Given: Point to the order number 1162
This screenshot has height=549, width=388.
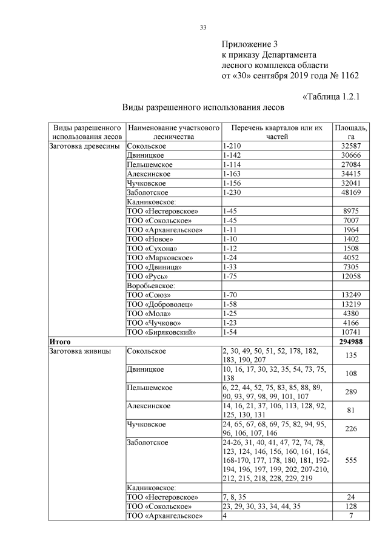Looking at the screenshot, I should [x=346, y=76].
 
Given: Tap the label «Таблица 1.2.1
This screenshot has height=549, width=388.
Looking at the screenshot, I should [x=331, y=96].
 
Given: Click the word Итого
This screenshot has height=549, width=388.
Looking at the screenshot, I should [x=61, y=342].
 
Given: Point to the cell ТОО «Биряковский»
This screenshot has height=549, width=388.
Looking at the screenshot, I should [x=161, y=332].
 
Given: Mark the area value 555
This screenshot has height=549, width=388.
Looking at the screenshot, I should [x=351, y=460].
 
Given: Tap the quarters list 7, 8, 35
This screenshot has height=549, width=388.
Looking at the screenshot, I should [x=234, y=497].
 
